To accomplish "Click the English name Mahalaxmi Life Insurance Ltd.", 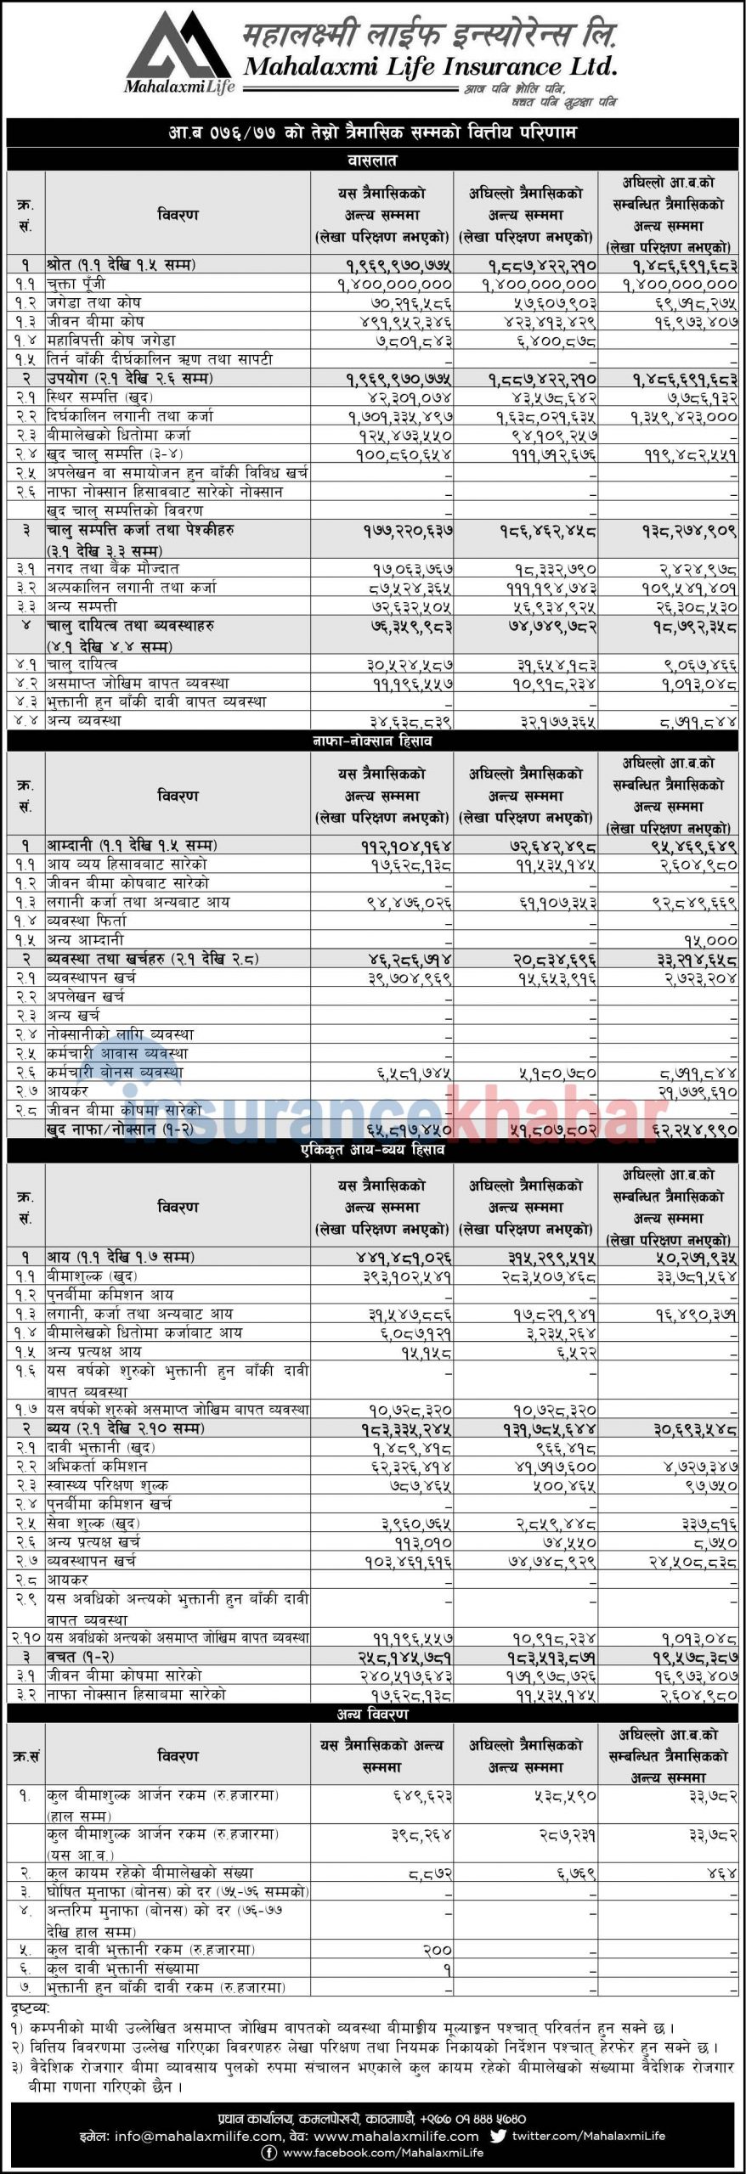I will click(430, 66).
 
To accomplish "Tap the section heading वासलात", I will click(372, 160).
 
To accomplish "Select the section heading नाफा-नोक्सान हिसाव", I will click(372, 741).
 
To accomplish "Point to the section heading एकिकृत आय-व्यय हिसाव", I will click(372, 1151).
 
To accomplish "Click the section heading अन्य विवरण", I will click(372, 1715).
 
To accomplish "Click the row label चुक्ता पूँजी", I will click(76, 284).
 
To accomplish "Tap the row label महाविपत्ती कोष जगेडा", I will click(111, 341).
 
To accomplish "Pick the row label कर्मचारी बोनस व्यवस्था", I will click(116, 1072).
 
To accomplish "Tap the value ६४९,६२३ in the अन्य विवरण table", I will click(422, 1796).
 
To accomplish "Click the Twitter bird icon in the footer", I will click(498, 2135).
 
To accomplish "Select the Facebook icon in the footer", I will click(269, 2153).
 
